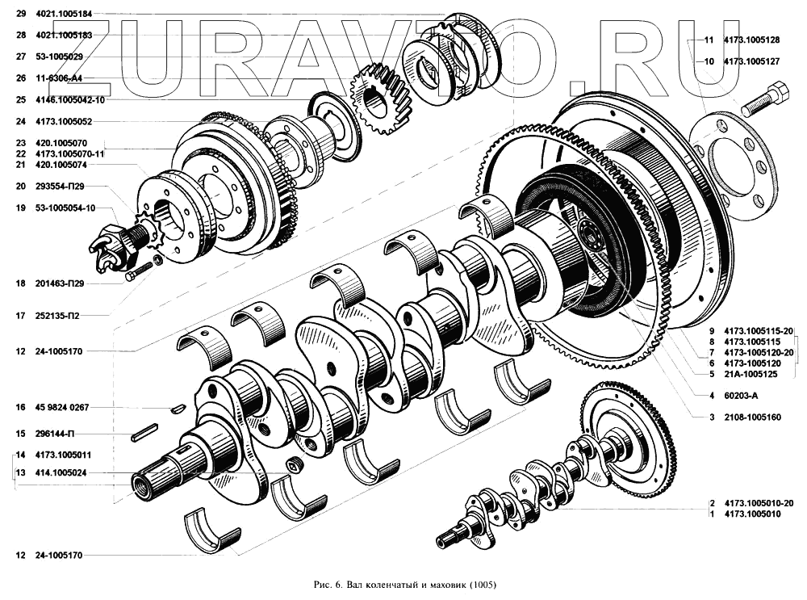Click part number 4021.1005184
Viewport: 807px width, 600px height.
coord(64,14)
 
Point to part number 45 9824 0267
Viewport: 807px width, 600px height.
coord(62,407)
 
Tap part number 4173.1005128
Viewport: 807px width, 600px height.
coord(751,40)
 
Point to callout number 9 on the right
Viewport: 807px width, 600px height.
coord(712,331)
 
